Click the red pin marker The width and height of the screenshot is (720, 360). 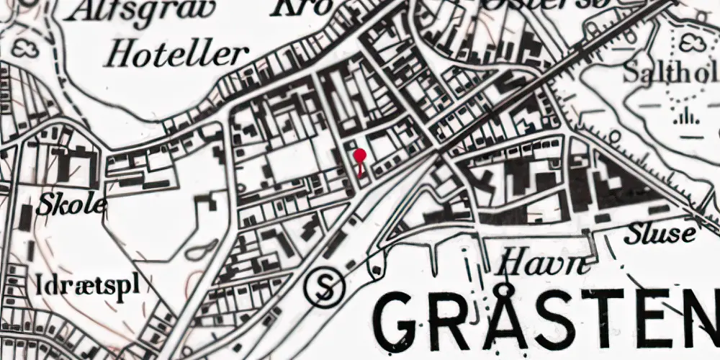[x=360, y=156]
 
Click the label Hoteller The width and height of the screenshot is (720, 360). [x=176, y=54]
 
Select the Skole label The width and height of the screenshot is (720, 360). [x=72, y=204]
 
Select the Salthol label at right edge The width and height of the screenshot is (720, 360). [x=670, y=72]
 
